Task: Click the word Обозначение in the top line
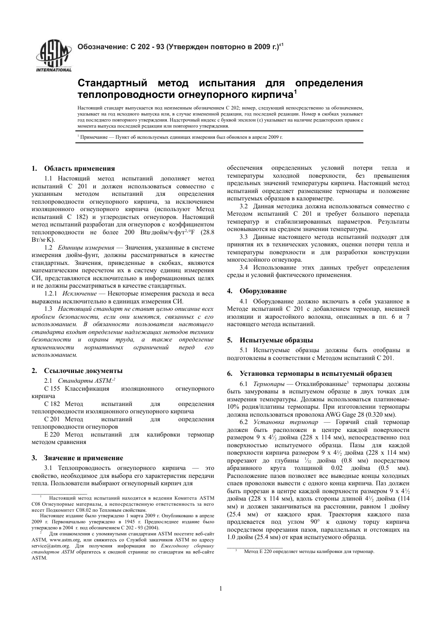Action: click(x=101, y=46)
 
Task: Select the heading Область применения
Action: click(x=79, y=168)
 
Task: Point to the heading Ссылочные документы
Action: click(x=83, y=371)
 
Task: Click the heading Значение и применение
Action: click(x=84, y=445)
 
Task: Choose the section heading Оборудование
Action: click(x=263, y=291)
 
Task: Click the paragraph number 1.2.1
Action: click(x=51, y=294)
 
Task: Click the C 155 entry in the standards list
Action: click(x=52, y=389)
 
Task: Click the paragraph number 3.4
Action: click(x=244, y=268)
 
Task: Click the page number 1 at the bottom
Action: click(x=220, y=589)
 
